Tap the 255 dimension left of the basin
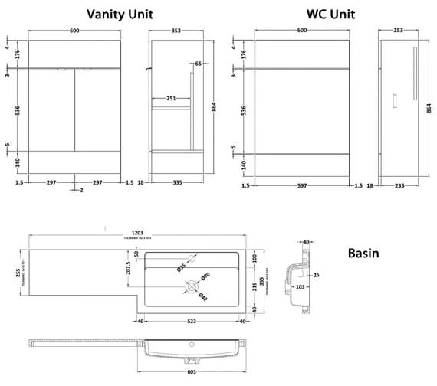point(18,275)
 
